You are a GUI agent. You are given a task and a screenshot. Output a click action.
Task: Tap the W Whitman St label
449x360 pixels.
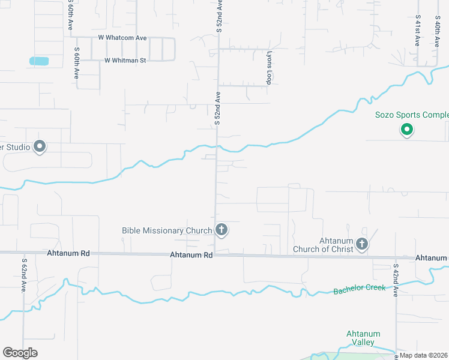tap(125, 61)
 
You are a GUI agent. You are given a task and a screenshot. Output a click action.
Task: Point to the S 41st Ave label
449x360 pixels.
tap(417, 31)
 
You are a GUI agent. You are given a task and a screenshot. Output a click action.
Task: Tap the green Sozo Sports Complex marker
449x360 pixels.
tap(406, 129)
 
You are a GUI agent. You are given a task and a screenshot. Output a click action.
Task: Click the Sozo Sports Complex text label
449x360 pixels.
tap(412, 115)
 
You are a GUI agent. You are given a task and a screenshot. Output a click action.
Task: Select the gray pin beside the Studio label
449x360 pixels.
tap(40, 146)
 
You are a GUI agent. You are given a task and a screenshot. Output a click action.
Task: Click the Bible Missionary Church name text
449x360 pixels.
tap(167, 230)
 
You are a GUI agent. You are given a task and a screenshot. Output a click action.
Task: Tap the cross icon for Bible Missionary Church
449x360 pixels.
tap(221, 229)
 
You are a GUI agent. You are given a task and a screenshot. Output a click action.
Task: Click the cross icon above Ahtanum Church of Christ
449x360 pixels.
tap(361, 244)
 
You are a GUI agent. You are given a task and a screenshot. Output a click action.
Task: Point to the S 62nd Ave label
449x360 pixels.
tap(25, 276)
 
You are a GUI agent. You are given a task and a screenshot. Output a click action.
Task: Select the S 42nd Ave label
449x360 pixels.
tap(396, 280)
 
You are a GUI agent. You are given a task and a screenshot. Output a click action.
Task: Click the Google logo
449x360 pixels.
tap(20, 353)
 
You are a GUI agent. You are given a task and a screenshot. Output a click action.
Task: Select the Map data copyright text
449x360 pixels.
tap(424, 355)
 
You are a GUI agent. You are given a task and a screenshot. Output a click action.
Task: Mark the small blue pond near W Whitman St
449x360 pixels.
tap(39, 61)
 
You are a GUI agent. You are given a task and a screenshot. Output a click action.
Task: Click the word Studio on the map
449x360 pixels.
tap(15, 146)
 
